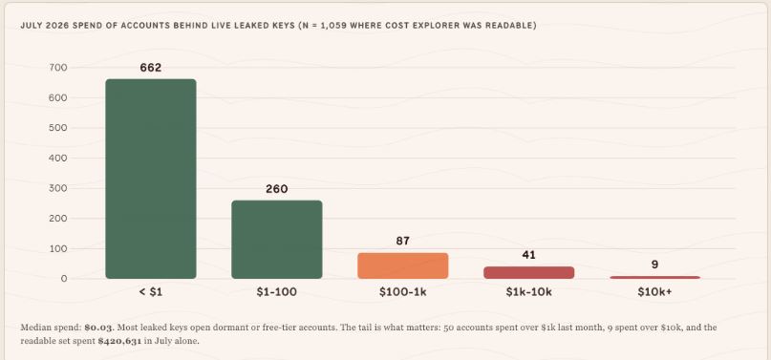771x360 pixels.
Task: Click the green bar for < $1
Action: [x=150, y=179]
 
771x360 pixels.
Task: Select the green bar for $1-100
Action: [x=277, y=240]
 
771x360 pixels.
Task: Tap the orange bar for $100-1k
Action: [x=403, y=265]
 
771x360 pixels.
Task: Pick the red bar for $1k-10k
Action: [x=528, y=272]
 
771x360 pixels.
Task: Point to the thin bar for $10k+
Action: [x=655, y=278]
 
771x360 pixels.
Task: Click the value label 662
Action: [x=150, y=68]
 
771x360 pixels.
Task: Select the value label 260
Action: [x=277, y=189]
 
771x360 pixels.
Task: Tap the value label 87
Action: [x=403, y=242]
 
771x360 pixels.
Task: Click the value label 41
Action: [x=528, y=255]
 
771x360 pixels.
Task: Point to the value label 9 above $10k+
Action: [x=655, y=265]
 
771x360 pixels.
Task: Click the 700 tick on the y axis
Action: [x=58, y=68]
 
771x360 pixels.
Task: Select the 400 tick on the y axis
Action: [x=58, y=159]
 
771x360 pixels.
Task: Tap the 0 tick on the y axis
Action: [x=64, y=279]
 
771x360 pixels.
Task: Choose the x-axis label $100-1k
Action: [x=403, y=292]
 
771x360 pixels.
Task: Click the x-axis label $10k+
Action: [x=655, y=292]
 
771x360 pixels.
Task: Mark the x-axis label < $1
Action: [x=150, y=292]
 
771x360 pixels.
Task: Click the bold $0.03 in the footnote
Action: [x=98, y=328]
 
